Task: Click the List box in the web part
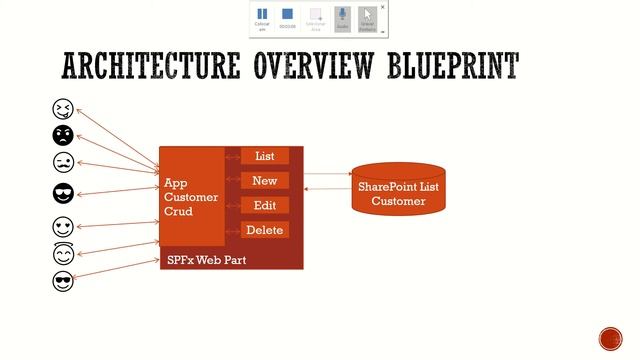265,156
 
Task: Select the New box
265,181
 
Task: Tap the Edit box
265,205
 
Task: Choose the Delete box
265,230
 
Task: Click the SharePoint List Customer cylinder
398,188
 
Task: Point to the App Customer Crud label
191,198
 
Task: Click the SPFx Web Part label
206,260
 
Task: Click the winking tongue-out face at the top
63,109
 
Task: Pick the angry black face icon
63,135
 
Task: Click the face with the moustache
63,162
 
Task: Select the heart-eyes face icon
63,227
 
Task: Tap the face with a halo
63,254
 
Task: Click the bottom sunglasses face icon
63,281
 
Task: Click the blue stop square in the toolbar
288,16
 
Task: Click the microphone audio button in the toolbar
342,16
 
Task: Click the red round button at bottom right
610,338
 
